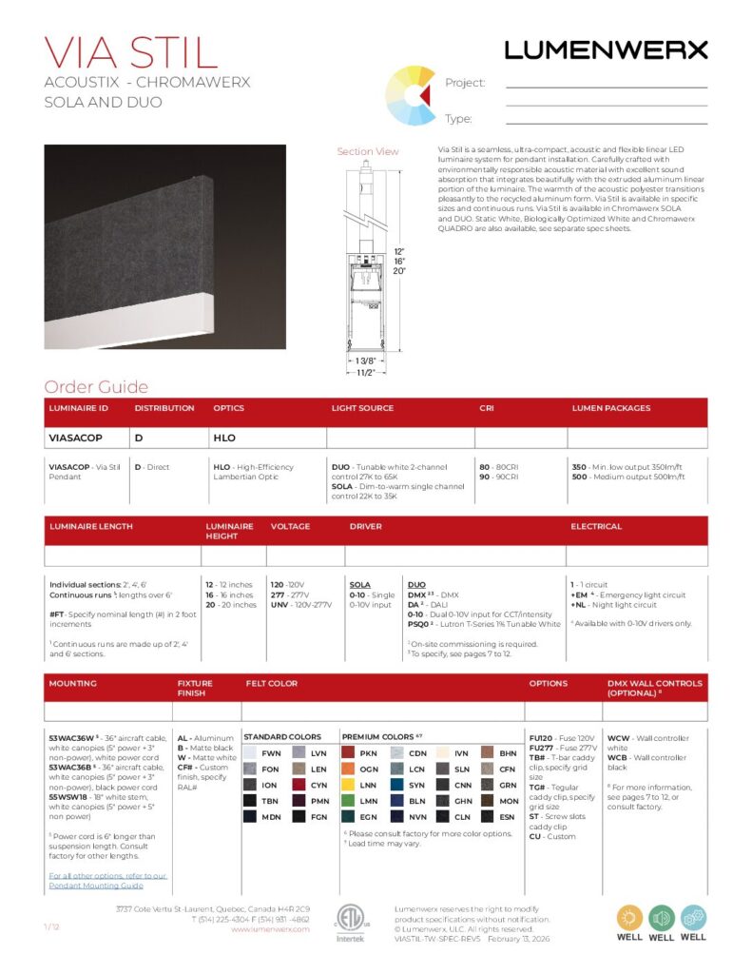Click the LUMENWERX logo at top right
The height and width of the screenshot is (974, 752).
[x=606, y=49]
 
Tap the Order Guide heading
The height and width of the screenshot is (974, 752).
[x=96, y=386]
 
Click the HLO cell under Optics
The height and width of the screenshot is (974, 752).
[x=224, y=438]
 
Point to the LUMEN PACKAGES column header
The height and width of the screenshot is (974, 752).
[x=611, y=408]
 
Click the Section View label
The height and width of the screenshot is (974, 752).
[x=368, y=151]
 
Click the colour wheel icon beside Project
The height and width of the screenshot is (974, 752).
[x=410, y=96]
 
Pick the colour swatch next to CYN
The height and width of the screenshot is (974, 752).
[x=298, y=785]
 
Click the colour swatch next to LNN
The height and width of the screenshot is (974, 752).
[x=347, y=785]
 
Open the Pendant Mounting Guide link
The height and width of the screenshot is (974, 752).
[x=107, y=881]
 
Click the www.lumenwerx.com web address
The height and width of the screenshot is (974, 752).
[x=270, y=929]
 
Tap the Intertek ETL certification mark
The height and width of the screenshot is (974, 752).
[x=349, y=922]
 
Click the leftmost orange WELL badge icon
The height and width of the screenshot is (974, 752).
[x=629, y=917]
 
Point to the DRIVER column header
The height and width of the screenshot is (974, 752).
[x=366, y=526]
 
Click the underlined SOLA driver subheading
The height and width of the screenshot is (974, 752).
[x=359, y=584]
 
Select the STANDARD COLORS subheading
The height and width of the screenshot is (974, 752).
[x=282, y=737]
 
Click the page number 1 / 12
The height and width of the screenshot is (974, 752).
[x=53, y=925]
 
